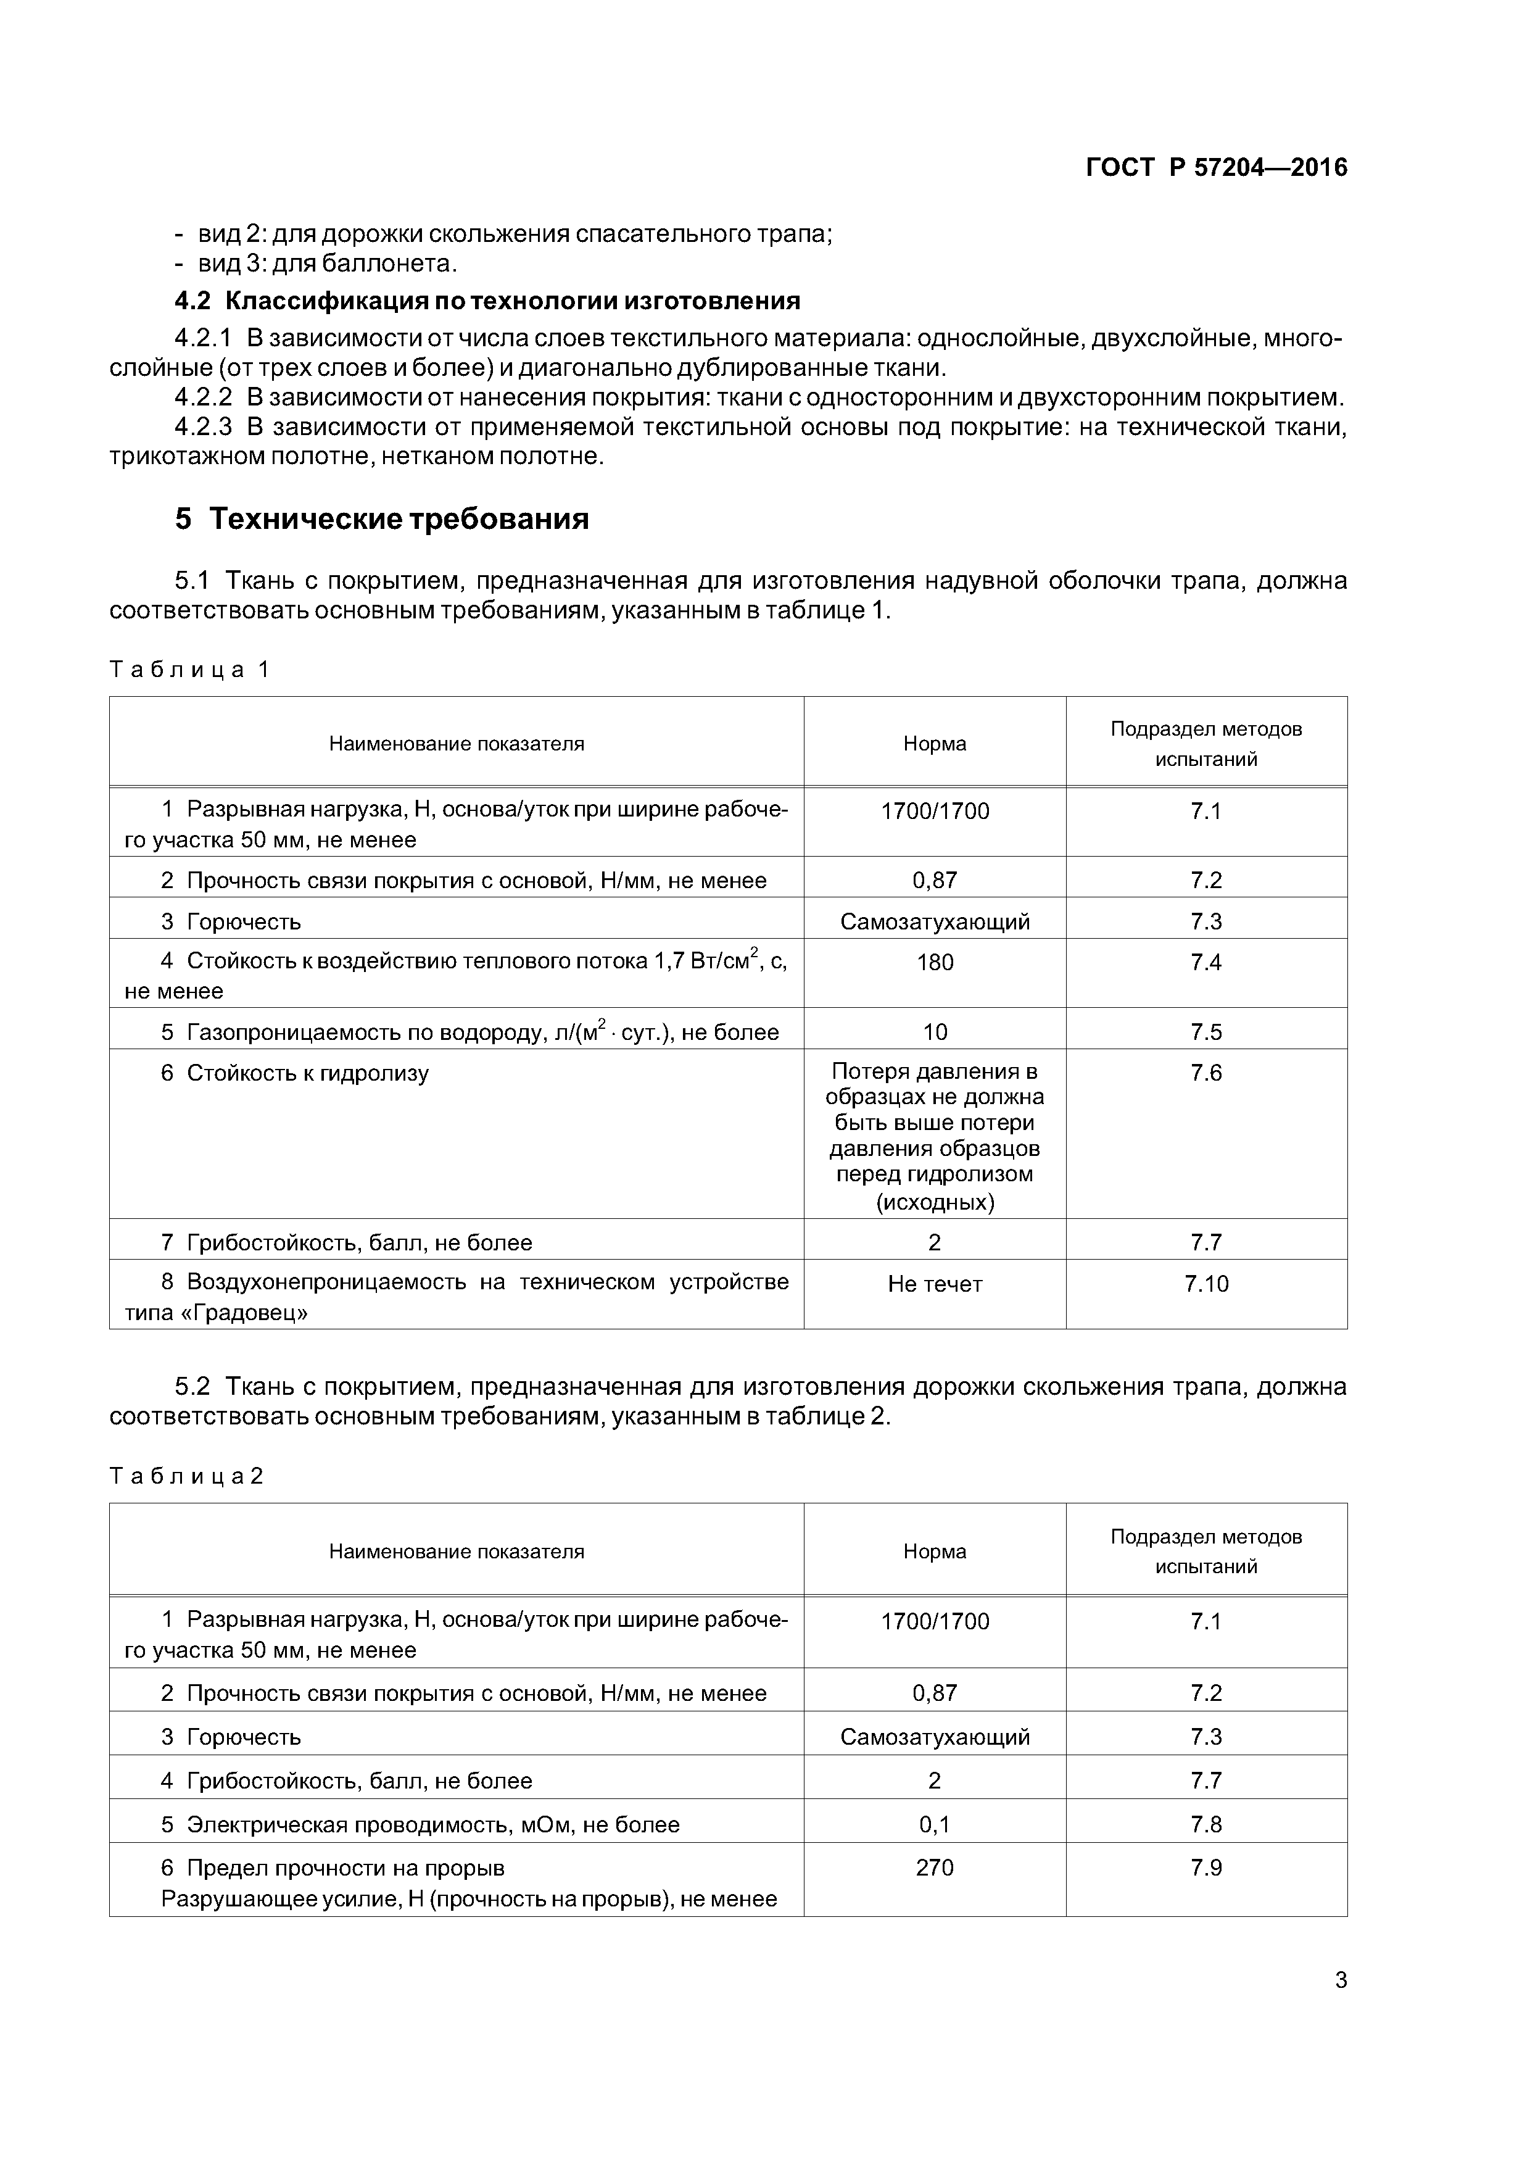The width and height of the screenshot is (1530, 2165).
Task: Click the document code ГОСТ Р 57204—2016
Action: [x=1216, y=168]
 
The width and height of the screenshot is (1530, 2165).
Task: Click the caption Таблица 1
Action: [x=189, y=670]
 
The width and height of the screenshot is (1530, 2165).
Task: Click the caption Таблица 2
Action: [x=186, y=1476]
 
